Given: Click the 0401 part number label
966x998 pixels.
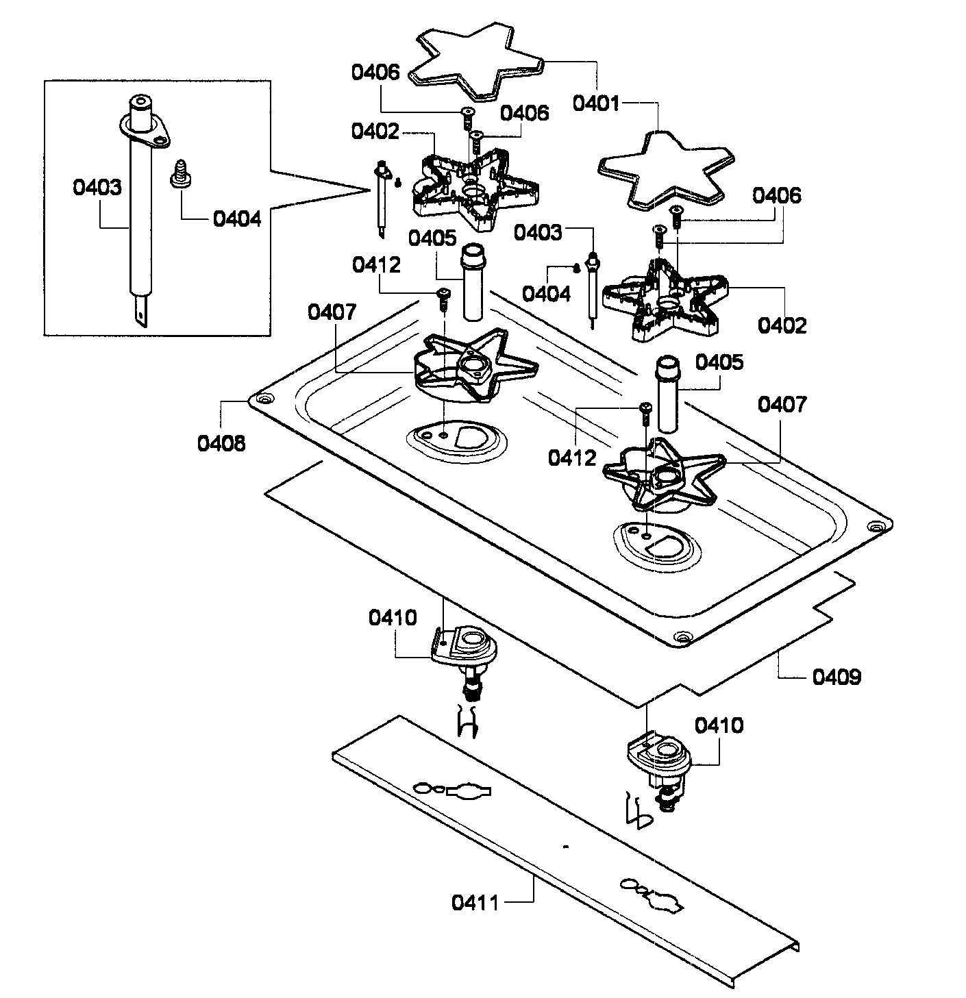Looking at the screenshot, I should click(x=596, y=104).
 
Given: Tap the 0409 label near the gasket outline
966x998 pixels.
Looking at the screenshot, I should click(x=837, y=677).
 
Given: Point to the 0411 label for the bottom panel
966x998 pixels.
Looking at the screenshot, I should click(x=475, y=902).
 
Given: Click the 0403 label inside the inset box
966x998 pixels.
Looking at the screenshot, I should click(x=97, y=187).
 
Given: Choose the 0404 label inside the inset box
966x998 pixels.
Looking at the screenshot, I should click(x=237, y=219).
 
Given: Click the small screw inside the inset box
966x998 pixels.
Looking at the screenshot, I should click(x=179, y=172).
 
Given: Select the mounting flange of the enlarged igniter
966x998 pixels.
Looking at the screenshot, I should click(x=144, y=130).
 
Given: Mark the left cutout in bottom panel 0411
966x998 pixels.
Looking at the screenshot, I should click(x=453, y=790).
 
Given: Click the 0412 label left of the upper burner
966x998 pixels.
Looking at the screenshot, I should click(x=377, y=265).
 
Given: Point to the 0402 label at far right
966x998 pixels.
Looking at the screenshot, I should click(x=782, y=325).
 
